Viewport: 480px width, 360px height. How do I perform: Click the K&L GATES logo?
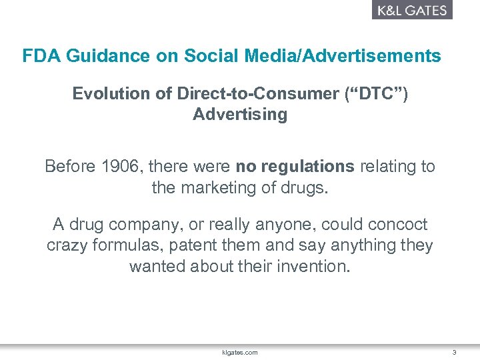pyautogui.click(x=411, y=10)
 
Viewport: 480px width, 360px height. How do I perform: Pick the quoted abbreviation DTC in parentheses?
pyautogui.click(x=375, y=94)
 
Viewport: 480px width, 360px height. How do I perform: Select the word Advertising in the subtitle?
pyautogui.click(x=240, y=115)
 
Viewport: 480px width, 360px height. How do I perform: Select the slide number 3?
pyautogui.click(x=453, y=352)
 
